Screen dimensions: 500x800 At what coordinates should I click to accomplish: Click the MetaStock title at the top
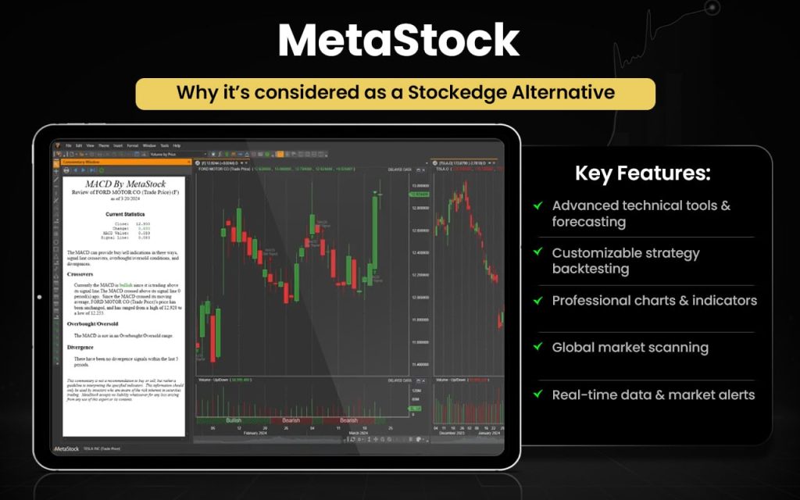399,41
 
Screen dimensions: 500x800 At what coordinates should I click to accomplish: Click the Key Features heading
643,173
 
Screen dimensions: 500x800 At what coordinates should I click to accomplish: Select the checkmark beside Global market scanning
538,347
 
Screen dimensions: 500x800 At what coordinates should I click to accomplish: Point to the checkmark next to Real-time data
538,394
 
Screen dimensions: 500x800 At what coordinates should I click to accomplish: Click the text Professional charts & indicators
654,300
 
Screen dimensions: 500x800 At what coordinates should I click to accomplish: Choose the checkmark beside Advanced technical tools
538,205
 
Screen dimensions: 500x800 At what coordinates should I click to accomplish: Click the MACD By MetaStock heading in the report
125,182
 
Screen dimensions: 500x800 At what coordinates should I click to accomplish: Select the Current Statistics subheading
125,213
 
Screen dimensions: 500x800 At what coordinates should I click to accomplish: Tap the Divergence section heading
80,347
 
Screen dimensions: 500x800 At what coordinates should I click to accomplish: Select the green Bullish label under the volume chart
234,420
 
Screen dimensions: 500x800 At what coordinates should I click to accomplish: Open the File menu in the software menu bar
69,145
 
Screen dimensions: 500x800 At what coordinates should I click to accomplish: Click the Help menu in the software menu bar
177,145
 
